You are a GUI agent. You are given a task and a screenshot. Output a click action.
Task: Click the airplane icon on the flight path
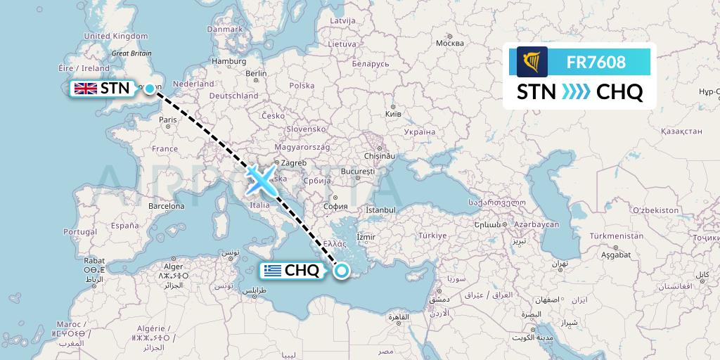[x=259, y=181]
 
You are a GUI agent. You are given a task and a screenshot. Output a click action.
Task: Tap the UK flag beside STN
[x=86, y=88]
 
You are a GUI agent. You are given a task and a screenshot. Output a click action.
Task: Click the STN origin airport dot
[x=149, y=88]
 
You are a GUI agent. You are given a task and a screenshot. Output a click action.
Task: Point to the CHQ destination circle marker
[x=342, y=271]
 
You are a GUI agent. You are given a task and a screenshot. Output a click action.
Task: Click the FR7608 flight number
[x=596, y=63]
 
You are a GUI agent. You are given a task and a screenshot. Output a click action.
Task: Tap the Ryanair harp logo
[x=532, y=62]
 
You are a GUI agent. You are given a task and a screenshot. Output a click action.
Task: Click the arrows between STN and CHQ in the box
[x=577, y=92]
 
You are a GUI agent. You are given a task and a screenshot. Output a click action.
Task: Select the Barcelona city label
[x=167, y=206]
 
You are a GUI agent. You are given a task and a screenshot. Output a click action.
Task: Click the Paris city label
[x=167, y=120]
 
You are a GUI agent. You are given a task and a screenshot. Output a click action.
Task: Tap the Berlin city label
[x=256, y=73]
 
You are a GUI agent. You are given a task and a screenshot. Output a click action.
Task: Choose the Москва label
[x=450, y=43]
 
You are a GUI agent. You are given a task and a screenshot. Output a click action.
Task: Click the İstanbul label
[x=381, y=210]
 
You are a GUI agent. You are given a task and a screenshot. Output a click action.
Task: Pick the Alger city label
[x=173, y=267]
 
